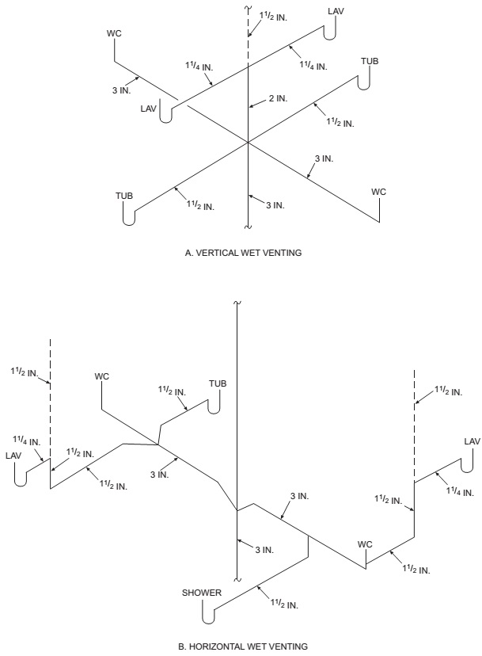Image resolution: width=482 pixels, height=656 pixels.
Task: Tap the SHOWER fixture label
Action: pyautogui.click(x=201, y=592)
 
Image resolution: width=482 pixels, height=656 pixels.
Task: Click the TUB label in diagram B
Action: pyautogui.click(x=218, y=383)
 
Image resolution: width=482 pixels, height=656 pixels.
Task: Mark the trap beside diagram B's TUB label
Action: pyautogui.click(x=213, y=405)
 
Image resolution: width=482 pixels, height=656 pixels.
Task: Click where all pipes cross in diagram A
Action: pyautogui.click(x=249, y=143)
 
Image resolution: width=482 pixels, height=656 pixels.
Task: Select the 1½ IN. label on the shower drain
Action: pyautogui.click(x=284, y=604)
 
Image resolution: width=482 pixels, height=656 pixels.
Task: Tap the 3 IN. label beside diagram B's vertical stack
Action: pyautogui.click(x=263, y=550)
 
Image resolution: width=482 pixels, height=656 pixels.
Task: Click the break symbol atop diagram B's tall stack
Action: pyautogui.click(x=237, y=302)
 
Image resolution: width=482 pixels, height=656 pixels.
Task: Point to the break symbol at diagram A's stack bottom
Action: pyautogui.click(x=249, y=227)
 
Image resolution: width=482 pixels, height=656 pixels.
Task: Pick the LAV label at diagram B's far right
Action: pyautogui.click(x=472, y=441)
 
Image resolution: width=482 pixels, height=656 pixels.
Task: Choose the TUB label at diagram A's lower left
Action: pyautogui.click(x=123, y=194)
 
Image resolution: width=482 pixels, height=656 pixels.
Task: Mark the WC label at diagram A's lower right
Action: pyautogui.click(x=379, y=192)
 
